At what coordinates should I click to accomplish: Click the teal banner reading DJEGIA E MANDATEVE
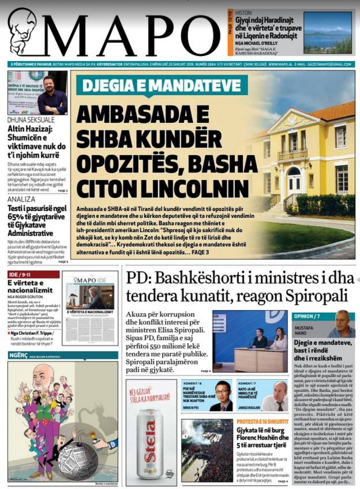(162, 86)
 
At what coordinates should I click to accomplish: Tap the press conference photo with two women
(250, 341)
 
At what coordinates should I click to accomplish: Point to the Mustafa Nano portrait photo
(340, 324)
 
